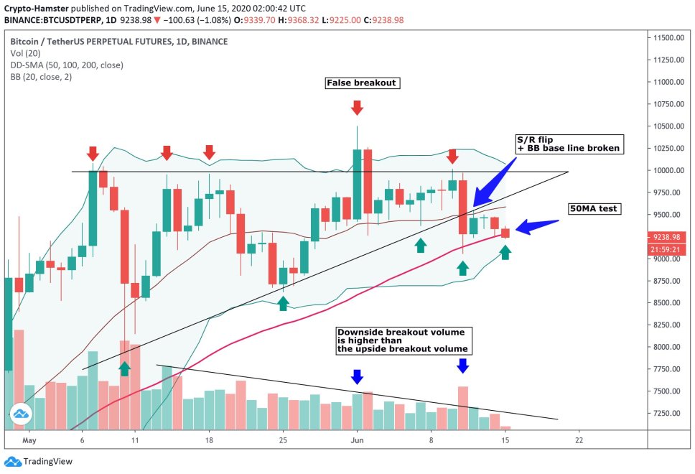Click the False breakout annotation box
point(361,83)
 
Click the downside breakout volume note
point(404,340)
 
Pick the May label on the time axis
point(29,440)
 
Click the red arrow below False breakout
point(356,108)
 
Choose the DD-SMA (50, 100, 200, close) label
point(66,65)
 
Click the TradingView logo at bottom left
point(39,462)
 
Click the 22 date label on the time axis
point(579,440)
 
